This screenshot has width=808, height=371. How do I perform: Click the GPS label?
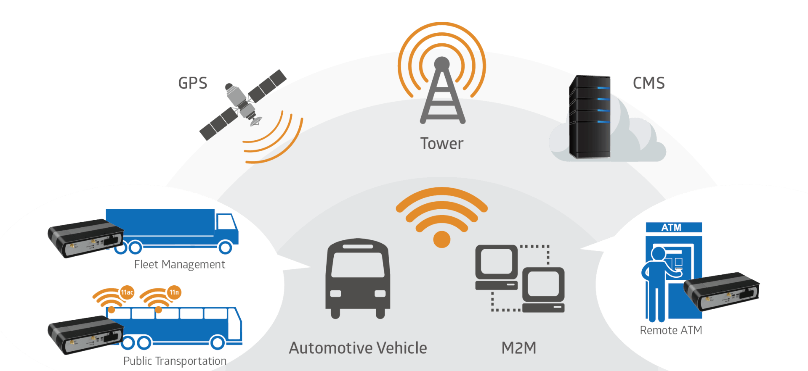(193, 83)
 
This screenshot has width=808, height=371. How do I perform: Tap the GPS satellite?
(243, 105)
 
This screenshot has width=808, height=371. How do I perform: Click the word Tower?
(441, 144)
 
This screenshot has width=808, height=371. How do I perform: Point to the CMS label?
(649, 83)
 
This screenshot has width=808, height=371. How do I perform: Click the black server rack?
(590, 117)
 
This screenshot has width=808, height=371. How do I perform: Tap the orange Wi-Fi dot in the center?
(441, 239)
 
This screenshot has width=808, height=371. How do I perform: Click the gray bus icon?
(358, 279)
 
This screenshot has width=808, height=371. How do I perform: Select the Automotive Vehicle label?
(358, 348)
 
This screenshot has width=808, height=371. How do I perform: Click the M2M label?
(519, 348)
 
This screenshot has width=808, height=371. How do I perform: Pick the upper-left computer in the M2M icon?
(497, 267)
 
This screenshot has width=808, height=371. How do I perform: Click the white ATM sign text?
(671, 227)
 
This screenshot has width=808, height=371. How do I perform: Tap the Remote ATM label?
(671, 330)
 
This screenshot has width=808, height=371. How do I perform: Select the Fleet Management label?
(180, 265)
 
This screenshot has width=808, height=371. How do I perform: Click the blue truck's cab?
(227, 229)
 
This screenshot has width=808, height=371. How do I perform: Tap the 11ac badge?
(127, 292)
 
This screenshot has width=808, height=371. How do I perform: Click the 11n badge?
(174, 292)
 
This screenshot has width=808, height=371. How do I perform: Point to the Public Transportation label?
(175, 361)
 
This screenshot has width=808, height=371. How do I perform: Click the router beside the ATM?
(721, 291)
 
